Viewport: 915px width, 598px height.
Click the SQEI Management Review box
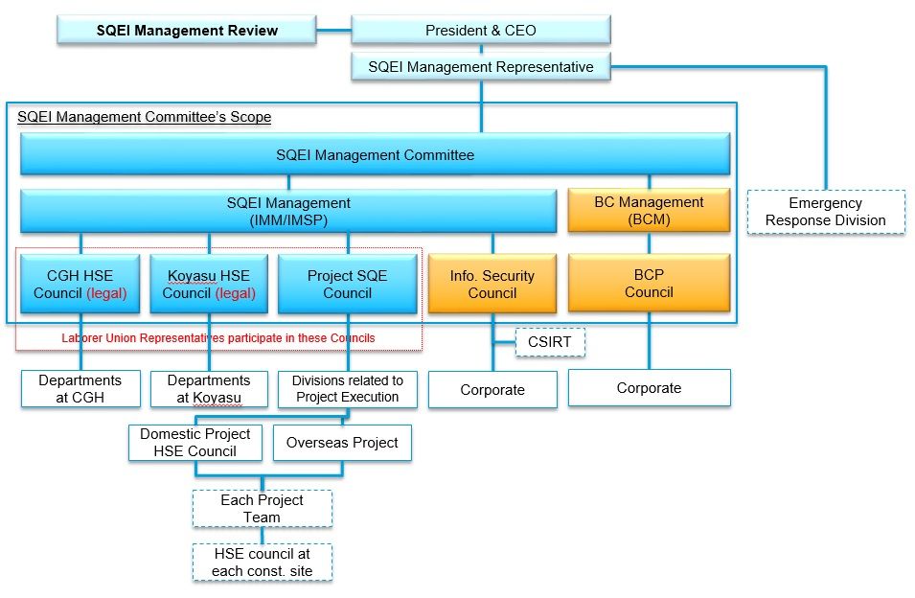click(187, 30)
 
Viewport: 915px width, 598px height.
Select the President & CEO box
click(481, 30)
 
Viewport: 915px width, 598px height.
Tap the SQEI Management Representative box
click(481, 67)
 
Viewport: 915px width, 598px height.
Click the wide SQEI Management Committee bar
click(376, 154)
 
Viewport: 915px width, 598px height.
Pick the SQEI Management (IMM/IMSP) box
click(288, 211)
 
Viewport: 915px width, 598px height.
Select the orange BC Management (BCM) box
click(649, 211)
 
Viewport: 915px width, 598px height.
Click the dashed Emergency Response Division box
click(826, 212)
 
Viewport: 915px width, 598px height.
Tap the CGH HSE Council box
click(80, 284)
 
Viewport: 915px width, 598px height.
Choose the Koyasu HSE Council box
click(209, 284)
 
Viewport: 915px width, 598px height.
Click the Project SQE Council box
click(347, 284)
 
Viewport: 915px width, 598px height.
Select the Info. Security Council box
click(492, 284)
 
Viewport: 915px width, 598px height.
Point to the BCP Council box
click(649, 283)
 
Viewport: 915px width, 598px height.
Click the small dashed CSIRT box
click(550, 342)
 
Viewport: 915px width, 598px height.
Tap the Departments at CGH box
click(80, 388)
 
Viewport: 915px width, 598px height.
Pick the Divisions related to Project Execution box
click(348, 389)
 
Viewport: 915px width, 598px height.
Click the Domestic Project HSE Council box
click(194, 443)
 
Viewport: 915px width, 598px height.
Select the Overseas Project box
click(342, 443)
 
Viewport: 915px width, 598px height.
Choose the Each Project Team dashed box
click(262, 509)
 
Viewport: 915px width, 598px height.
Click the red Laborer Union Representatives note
click(218, 337)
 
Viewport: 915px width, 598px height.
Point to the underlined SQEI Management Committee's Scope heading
click(144, 117)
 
